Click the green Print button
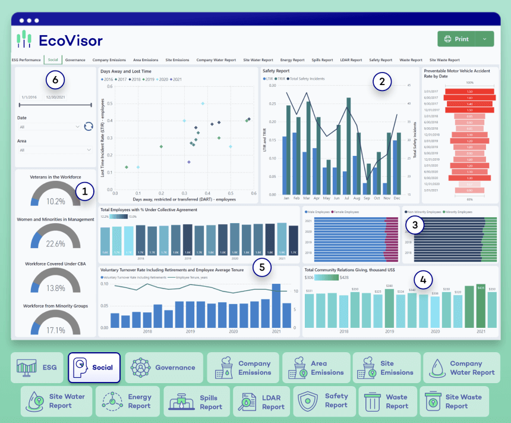(x=457, y=39)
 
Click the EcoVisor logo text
(x=70, y=40)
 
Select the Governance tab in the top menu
(x=75, y=60)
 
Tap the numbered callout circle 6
(x=55, y=79)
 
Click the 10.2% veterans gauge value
(x=55, y=202)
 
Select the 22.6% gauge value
(x=55, y=244)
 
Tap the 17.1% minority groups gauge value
(x=55, y=330)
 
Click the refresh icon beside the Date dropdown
(x=89, y=126)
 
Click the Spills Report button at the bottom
(x=195, y=402)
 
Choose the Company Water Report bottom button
(x=459, y=368)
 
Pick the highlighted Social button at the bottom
(x=94, y=368)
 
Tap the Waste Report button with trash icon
(x=386, y=402)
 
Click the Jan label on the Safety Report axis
(x=286, y=198)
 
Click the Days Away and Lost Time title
(x=125, y=71)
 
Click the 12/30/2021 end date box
(x=55, y=97)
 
